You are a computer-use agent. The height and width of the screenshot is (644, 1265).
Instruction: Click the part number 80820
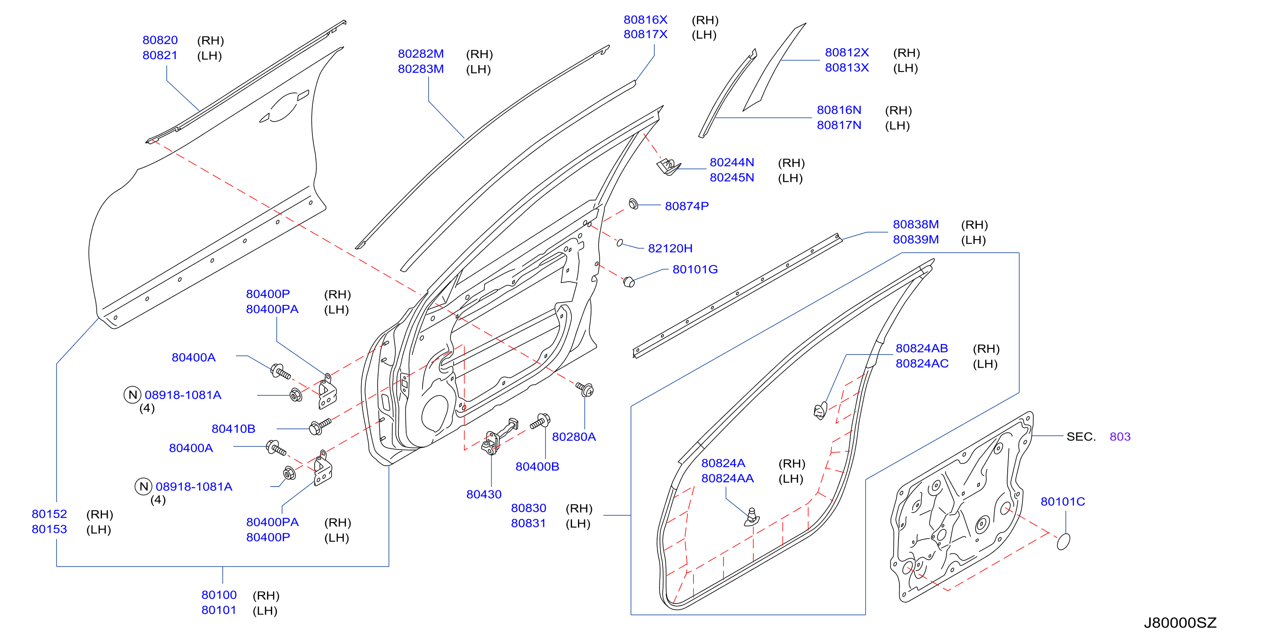[x=160, y=40]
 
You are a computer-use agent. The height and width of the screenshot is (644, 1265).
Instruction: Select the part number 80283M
[x=421, y=69]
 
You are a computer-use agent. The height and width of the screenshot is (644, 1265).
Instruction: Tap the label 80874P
[x=687, y=206]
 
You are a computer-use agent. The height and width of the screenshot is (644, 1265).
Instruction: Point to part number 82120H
[x=670, y=249]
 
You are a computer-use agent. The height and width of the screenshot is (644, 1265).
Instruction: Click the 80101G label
[x=695, y=269]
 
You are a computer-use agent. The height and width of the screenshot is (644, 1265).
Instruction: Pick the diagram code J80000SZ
[x=1180, y=623]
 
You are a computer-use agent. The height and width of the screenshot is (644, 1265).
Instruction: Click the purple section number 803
[x=1120, y=437]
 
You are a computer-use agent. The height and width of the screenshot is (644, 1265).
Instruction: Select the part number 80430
[x=484, y=495]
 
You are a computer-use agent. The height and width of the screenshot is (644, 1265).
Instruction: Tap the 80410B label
[x=233, y=429]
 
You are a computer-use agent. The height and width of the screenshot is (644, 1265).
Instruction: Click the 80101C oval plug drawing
[x=1063, y=541]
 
